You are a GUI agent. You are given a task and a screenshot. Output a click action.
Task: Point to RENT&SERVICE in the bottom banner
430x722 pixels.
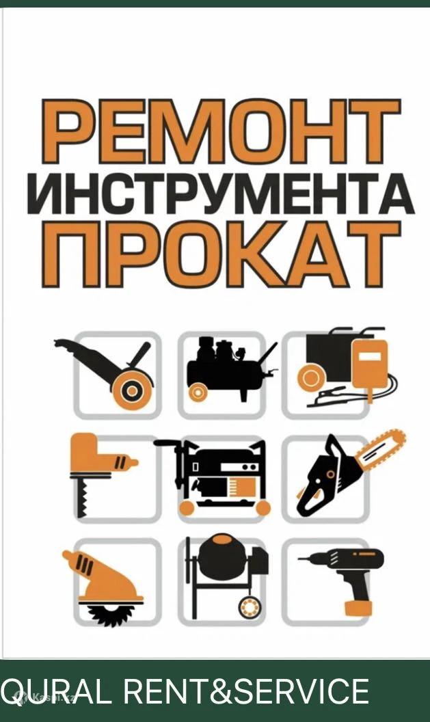click(x=246, y=691)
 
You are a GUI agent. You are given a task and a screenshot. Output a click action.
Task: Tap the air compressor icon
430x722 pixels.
click(x=230, y=369)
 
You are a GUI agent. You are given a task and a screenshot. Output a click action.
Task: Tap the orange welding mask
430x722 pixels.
click(x=370, y=364)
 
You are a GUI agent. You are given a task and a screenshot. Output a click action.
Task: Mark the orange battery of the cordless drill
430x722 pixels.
click(x=358, y=608)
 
